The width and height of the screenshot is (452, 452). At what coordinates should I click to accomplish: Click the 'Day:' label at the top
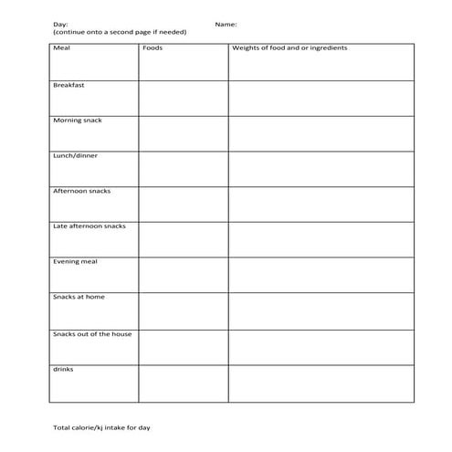tap(60, 25)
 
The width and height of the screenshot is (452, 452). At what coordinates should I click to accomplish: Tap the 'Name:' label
tap(226, 25)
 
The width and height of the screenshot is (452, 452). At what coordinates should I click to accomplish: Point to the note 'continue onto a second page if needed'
tap(120, 32)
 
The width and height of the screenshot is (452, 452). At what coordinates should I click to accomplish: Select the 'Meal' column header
tap(62, 47)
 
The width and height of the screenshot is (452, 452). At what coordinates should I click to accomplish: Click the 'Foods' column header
tap(152, 47)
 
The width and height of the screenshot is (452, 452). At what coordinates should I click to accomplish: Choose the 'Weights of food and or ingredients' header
tap(289, 47)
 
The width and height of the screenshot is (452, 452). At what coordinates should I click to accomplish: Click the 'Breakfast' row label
tap(69, 84)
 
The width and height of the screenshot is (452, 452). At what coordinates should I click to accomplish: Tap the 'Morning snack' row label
tap(77, 120)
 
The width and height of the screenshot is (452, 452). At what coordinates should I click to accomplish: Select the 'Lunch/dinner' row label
tap(75, 155)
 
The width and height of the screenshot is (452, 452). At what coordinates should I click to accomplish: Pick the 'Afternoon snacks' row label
tap(81, 191)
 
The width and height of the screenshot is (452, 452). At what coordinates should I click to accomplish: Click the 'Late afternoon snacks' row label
tap(89, 226)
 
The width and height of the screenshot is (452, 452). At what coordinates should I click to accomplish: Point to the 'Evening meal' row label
tap(75, 261)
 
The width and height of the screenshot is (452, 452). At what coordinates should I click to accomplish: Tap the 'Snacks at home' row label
tap(79, 297)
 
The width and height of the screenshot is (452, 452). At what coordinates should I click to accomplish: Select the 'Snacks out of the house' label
tap(92, 333)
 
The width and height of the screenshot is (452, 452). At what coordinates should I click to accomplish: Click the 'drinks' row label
tap(63, 369)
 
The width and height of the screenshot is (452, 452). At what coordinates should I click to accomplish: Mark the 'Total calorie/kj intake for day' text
tap(100, 427)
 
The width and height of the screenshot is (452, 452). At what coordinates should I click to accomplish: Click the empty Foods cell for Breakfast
tap(183, 98)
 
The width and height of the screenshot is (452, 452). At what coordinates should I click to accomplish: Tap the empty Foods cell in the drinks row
tap(183, 384)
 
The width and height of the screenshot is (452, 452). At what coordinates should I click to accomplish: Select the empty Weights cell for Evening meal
tap(321, 275)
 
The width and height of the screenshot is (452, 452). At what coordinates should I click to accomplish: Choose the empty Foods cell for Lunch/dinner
tap(183, 169)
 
